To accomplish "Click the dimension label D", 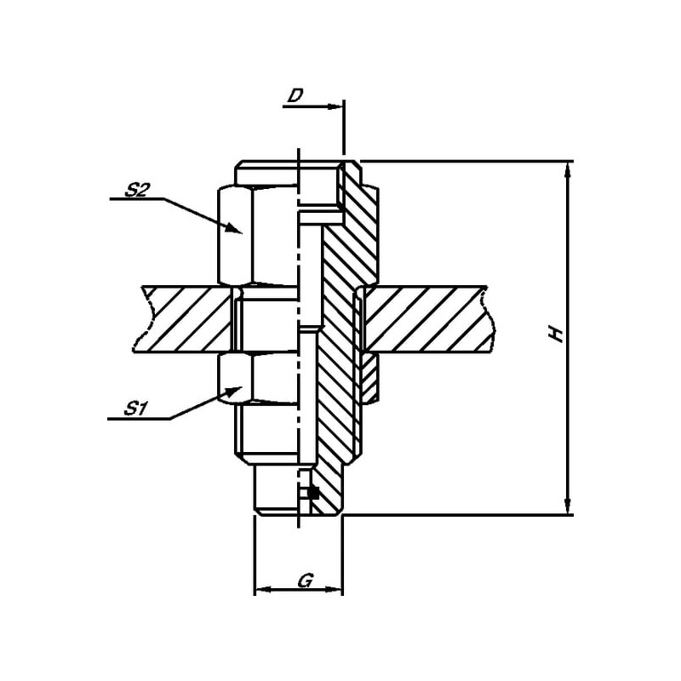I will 295,95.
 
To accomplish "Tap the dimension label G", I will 306,581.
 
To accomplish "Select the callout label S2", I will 137,191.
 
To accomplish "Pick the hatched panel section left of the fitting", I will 187,319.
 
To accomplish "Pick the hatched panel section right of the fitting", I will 426,319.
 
